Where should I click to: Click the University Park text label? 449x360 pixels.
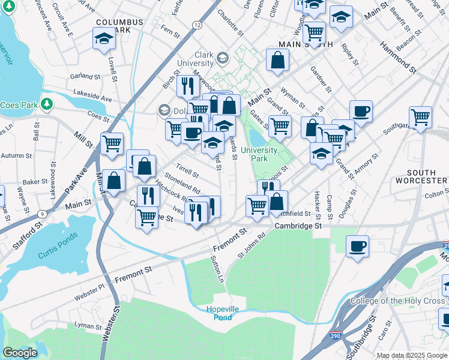[x=259, y=154]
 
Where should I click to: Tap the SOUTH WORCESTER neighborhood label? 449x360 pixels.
[x=420, y=176]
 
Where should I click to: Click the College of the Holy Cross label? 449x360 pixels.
[x=399, y=301]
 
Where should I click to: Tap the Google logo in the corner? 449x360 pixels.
[x=20, y=353]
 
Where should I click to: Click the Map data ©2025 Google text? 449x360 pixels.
[x=412, y=355]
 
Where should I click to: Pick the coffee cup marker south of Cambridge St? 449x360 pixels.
[x=358, y=246]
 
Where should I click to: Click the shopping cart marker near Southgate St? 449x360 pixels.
[x=420, y=117]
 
